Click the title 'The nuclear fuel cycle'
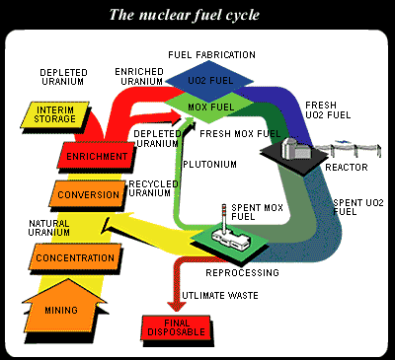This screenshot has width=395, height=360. [198, 13]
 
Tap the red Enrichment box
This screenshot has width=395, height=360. [97, 157]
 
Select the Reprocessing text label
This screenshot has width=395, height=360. [244, 270]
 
